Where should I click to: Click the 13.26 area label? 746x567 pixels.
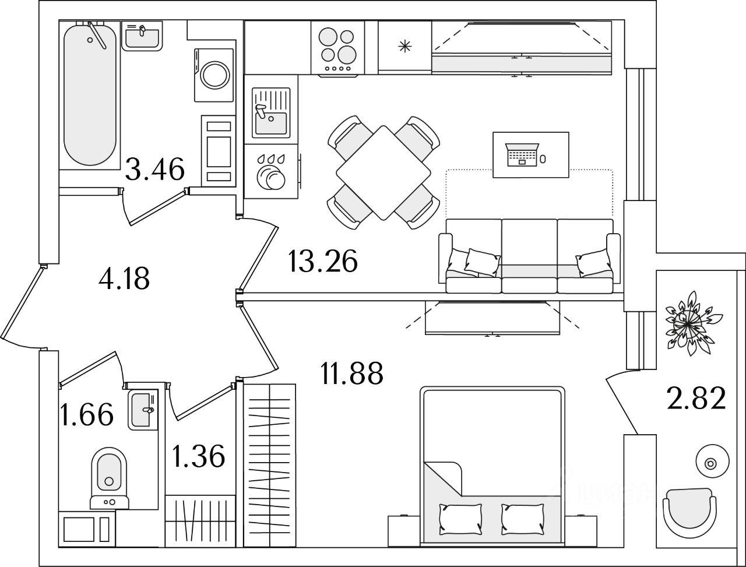coord(322,262)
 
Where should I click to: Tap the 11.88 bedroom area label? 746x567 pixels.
coord(351,373)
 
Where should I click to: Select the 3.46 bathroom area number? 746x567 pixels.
coord(155,170)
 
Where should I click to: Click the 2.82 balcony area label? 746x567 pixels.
coord(696,399)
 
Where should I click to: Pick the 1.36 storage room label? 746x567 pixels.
coord(199,456)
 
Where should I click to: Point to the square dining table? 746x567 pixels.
coord(383,172)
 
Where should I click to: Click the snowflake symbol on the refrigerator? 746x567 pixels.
coord(404,47)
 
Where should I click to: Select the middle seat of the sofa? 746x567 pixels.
coord(529,256)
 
